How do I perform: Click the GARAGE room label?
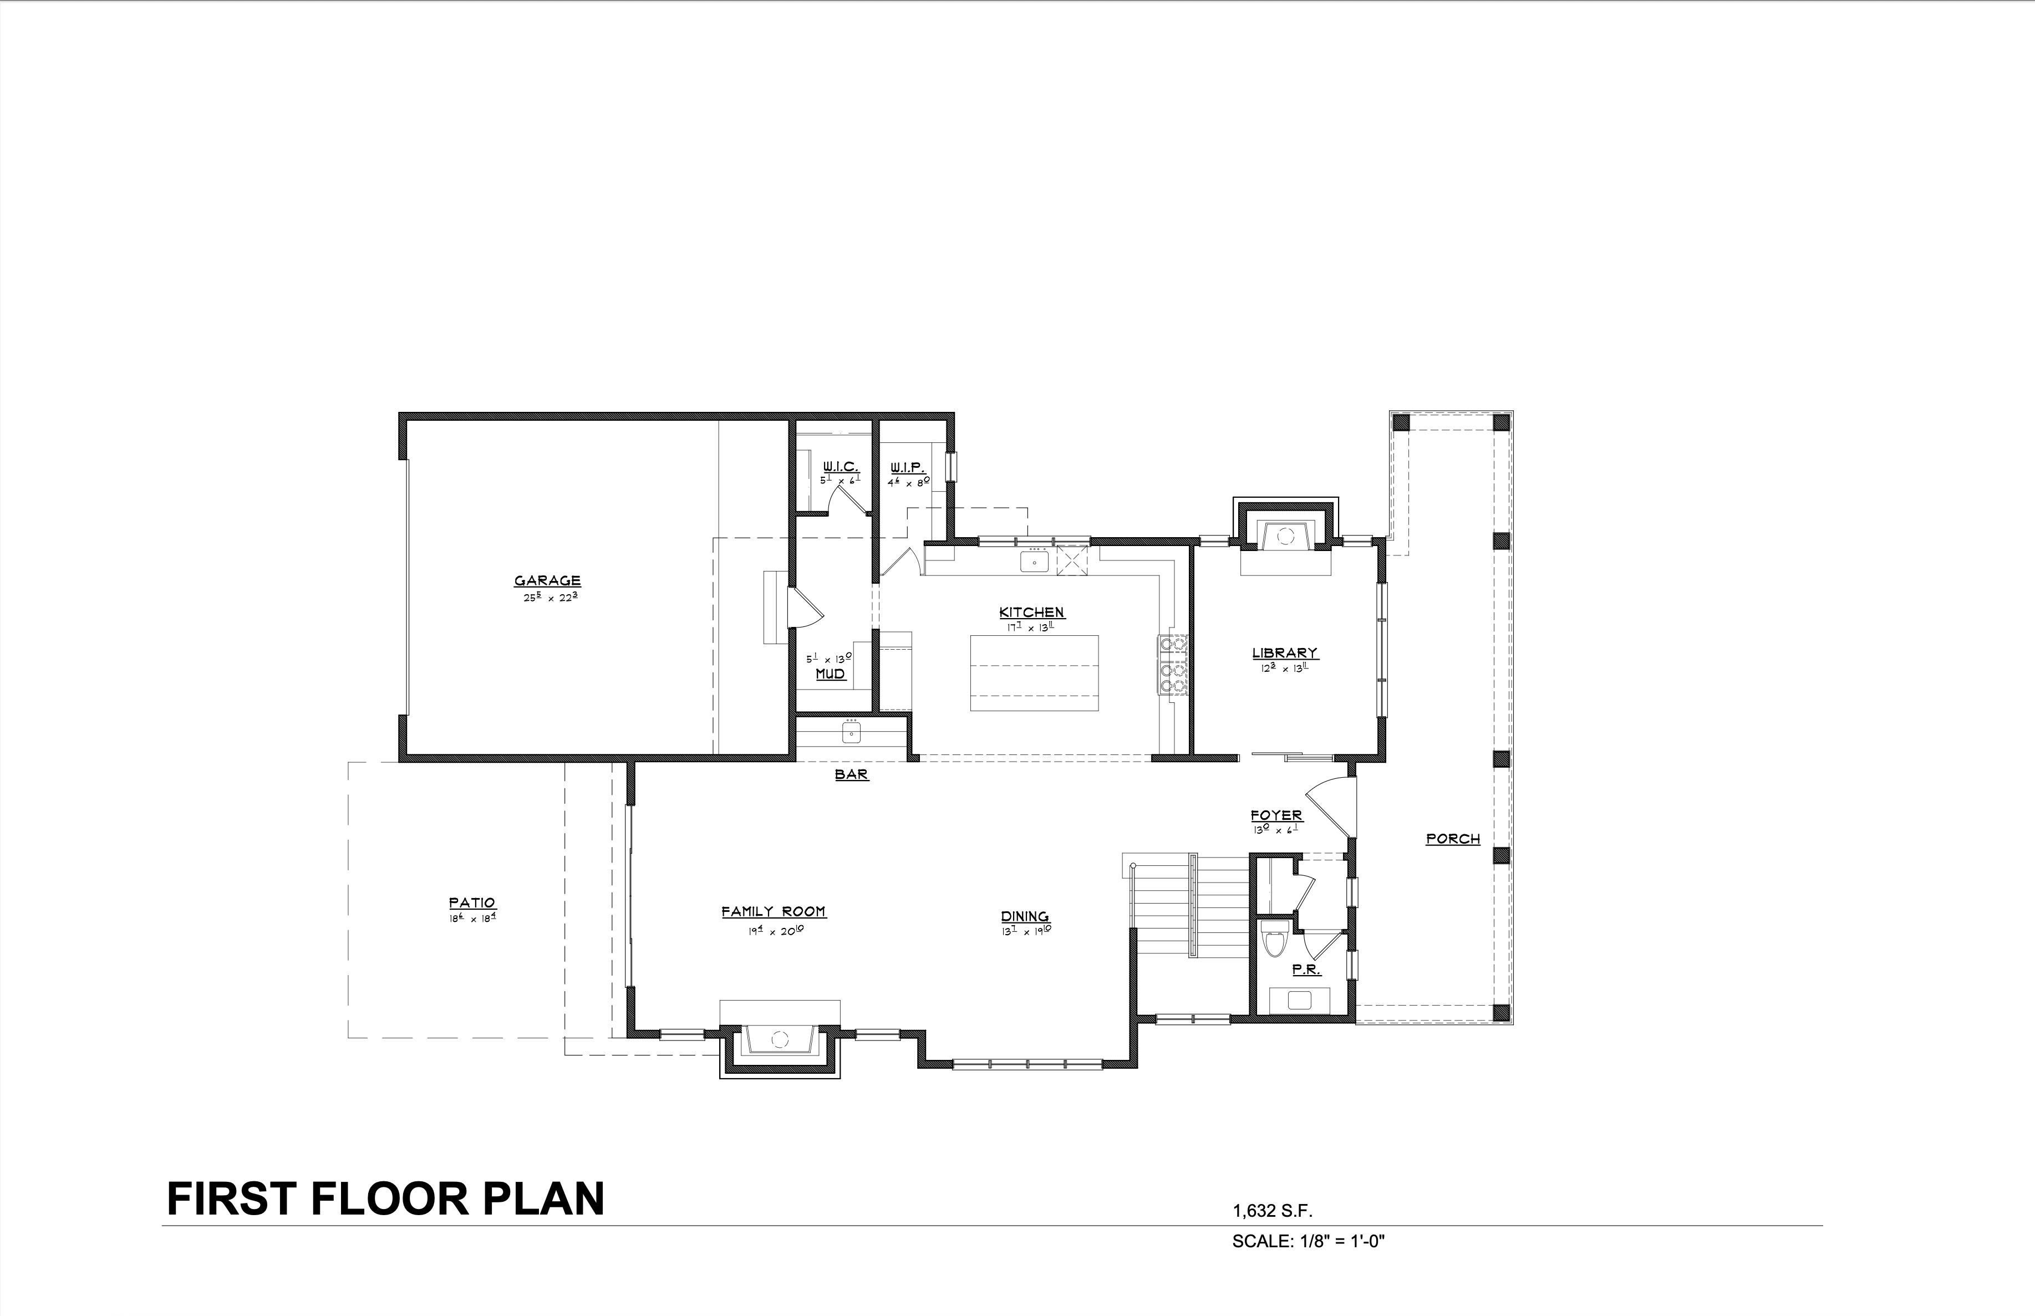[547, 581]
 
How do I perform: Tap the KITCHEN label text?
[1031, 613]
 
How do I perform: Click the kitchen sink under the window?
[1034, 562]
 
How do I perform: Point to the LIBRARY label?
[1285, 653]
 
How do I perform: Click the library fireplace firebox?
[1285, 537]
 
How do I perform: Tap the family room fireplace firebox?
[779, 1039]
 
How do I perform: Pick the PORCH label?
[1453, 839]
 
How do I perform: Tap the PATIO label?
[472, 902]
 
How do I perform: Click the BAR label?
[851, 775]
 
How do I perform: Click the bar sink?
[851, 733]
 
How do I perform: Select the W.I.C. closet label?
[840, 467]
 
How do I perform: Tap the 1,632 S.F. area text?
[1272, 1211]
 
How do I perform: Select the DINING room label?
[1025, 917]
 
